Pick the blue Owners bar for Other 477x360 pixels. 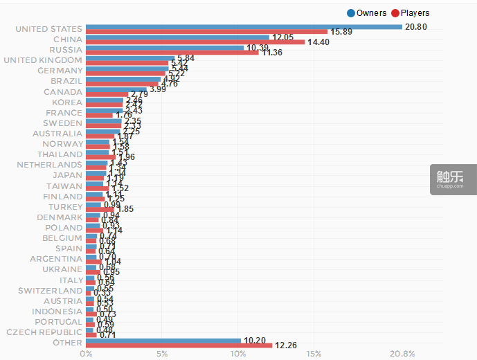pos(163,341)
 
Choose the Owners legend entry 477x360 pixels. pos(366,12)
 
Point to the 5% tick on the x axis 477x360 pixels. pos(162,354)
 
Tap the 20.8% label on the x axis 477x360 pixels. pos(402,354)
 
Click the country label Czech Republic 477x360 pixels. pos(44,332)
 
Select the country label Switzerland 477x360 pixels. pos(51,291)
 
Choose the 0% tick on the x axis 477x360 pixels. pos(87,354)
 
